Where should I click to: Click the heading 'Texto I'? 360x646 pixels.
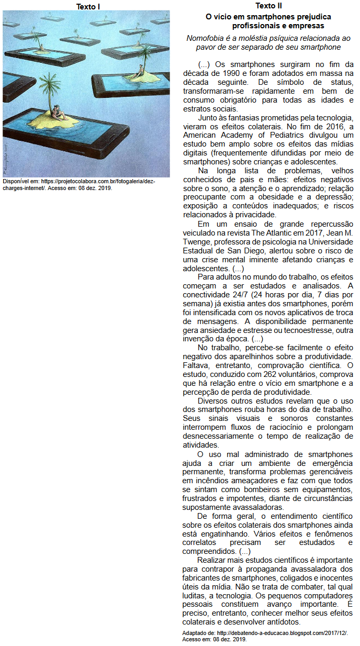click(x=87, y=6)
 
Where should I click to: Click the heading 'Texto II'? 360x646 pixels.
click(x=268, y=6)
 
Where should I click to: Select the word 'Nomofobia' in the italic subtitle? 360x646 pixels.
click(x=205, y=38)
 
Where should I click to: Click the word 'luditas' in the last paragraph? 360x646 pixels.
click(x=195, y=595)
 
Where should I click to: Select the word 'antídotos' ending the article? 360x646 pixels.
click(x=283, y=622)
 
